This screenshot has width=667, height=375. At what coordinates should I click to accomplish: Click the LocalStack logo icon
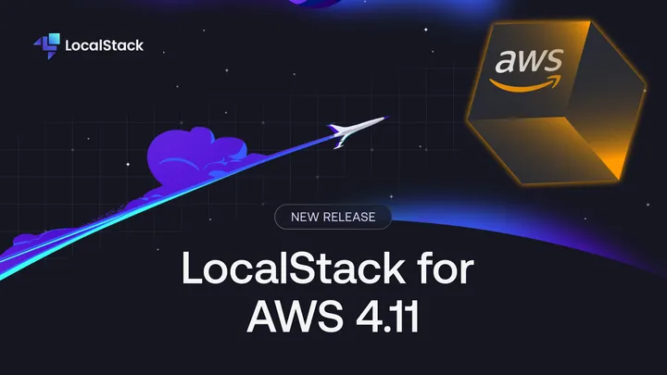click(46, 44)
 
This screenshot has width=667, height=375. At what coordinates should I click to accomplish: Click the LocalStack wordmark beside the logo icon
click(105, 44)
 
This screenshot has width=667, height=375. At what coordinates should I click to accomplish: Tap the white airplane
click(357, 130)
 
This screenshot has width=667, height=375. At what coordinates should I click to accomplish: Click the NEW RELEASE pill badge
click(333, 218)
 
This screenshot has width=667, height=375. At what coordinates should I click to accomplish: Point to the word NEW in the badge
click(307, 218)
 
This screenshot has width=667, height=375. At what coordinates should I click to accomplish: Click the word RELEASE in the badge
click(350, 218)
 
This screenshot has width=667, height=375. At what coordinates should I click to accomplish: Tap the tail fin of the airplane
click(339, 141)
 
